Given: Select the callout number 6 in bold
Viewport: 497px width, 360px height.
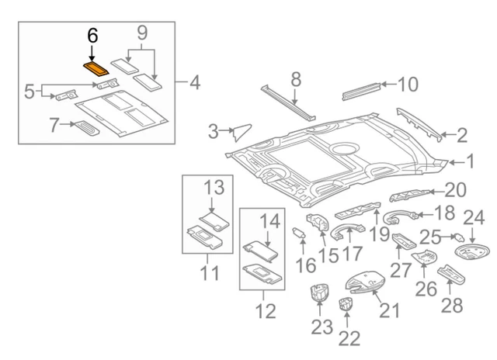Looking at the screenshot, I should pos(92,36).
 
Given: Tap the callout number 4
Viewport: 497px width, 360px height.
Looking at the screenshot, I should pos(194,81).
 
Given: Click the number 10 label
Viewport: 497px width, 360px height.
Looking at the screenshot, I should pos(407,84).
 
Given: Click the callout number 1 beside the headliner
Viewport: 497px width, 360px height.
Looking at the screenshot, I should pos(470,161).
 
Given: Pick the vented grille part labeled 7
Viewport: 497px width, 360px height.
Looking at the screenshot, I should pos(86,127).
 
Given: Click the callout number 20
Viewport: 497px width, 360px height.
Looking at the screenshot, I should pos(454,189).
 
